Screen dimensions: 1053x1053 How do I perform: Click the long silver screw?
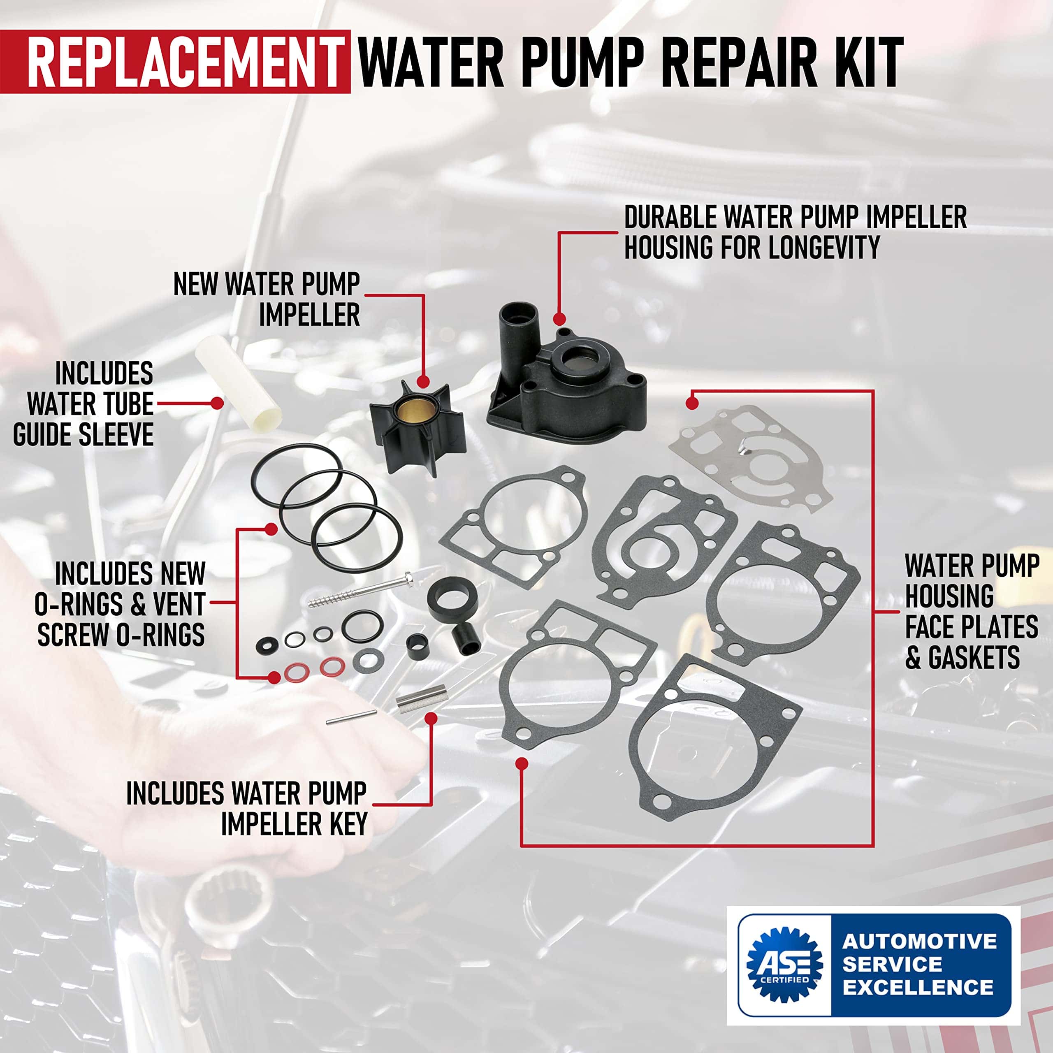(360, 590)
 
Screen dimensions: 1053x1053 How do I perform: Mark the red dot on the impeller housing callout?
(558, 318)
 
